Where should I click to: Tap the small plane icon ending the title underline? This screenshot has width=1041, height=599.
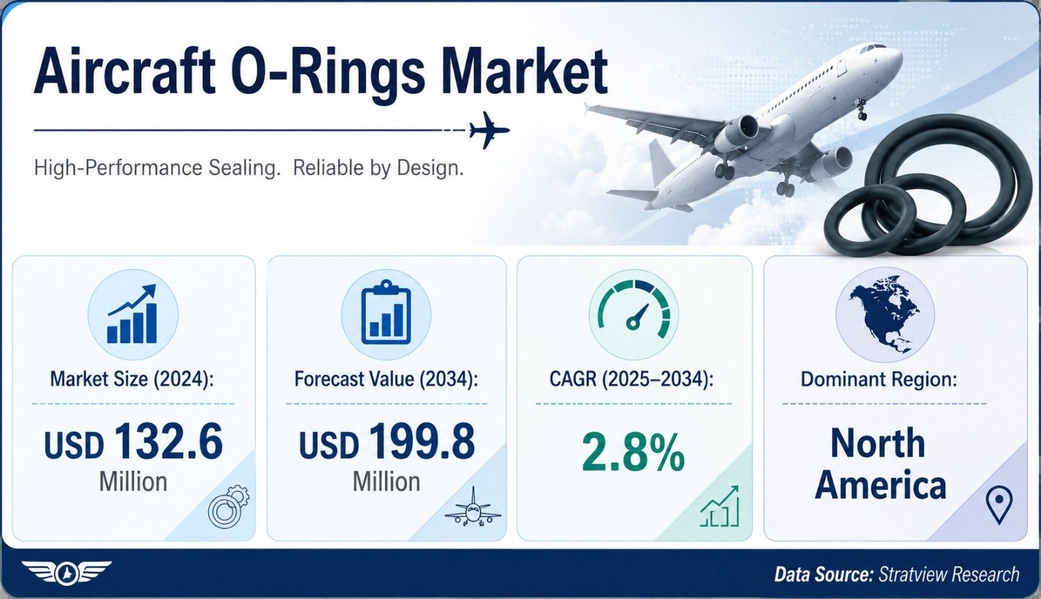(x=489, y=130)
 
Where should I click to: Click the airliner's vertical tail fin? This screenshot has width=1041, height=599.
(x=662, y=161)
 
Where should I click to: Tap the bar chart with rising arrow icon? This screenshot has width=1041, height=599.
(x=133, y=314)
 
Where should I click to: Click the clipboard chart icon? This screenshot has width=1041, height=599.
(x=386, y=313)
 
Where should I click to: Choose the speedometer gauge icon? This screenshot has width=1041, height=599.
(x=634, y=311)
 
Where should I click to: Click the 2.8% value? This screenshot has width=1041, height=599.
(x=633, y=452)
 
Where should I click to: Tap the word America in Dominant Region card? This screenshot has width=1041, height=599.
(x=880, y=486)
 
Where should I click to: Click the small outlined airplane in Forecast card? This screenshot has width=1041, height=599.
(x=473, y=507)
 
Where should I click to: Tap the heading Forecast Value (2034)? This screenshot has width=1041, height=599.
(x=386, y=379)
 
